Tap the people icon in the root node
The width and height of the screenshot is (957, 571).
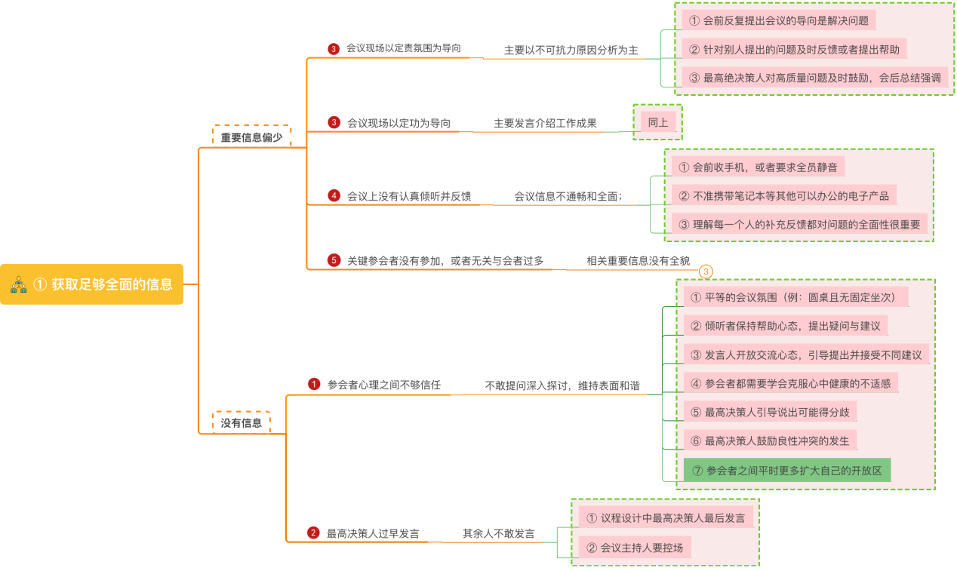click(19, 284)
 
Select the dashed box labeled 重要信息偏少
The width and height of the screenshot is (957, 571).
click(251, 137)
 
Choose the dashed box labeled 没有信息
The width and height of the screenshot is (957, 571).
click(242, 423)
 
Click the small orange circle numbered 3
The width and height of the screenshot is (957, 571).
click(706, 272)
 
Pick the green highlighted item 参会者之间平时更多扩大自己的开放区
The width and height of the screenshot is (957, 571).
click(786, 471)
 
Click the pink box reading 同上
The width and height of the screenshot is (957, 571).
click(657, 122)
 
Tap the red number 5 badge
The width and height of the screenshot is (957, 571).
click(334, 260)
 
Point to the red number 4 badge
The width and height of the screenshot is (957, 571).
click(334, 196)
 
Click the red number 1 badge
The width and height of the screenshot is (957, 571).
click(314, 384)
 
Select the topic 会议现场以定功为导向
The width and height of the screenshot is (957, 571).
click(398, 123)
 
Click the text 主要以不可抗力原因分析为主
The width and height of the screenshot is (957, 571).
click(571, 51)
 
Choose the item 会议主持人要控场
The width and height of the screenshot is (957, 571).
click(634, 548)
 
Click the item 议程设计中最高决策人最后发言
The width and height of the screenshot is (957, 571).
click(665, 517)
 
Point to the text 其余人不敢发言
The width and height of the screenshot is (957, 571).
click(498, 533)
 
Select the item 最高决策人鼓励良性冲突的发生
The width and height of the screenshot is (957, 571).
click(769, 441)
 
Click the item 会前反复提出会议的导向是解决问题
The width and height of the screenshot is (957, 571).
click(778, 20)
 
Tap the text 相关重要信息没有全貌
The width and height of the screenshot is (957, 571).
click(638, 261)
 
